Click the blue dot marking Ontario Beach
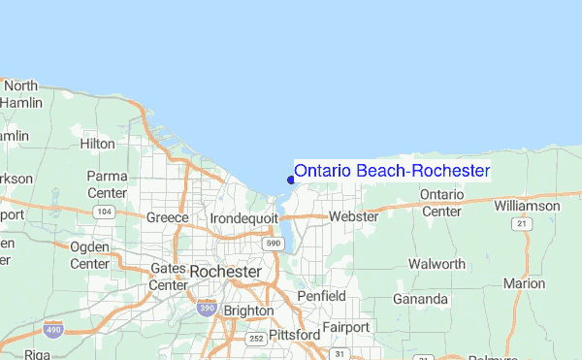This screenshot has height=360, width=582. point(291,178)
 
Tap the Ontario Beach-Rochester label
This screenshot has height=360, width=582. point(392,171)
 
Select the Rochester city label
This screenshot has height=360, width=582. point(225,272)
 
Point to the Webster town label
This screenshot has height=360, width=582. point(353,216)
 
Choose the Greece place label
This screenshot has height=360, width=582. point(166,217)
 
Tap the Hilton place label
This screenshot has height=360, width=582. point(97,143)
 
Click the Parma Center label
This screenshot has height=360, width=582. point(108,183)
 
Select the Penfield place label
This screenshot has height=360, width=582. point(321,295)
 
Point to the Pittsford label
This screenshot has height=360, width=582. point(296,335)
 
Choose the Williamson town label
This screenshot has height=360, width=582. point(527,206)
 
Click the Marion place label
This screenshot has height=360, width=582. point(525,283)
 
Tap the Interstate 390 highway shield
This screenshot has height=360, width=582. point(206,308)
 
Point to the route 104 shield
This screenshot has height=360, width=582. point(105,211)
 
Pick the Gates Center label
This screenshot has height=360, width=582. point(168,277)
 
